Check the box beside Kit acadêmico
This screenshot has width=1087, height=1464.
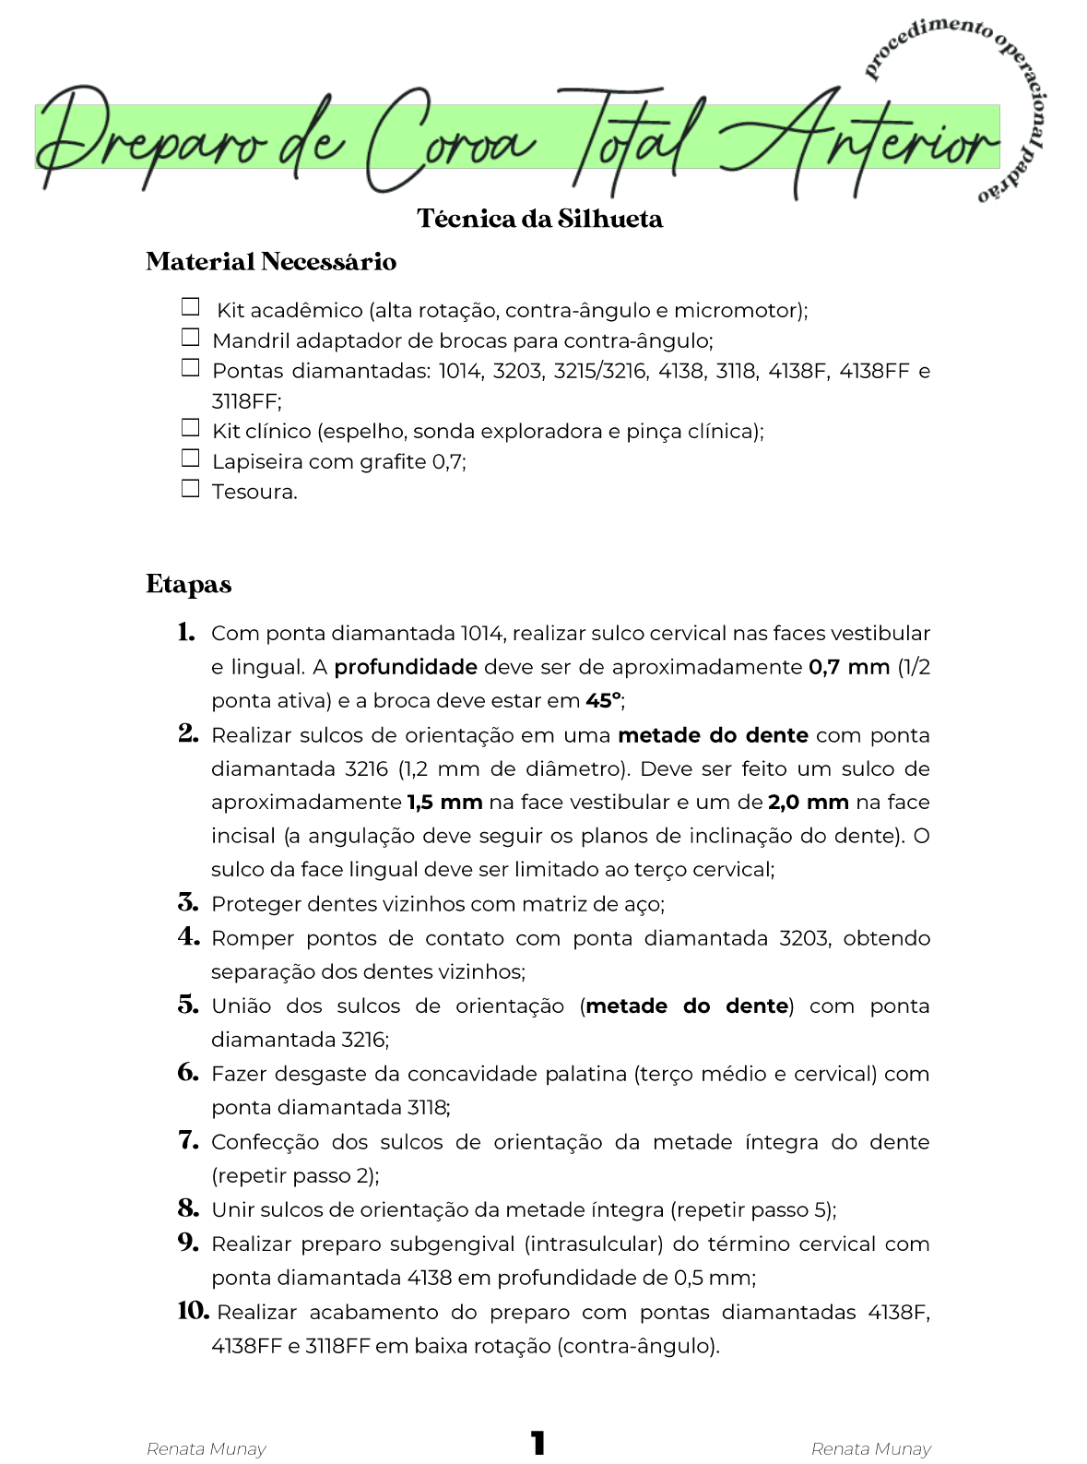pos(190,306)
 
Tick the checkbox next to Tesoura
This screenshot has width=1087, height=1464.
pos(190,488)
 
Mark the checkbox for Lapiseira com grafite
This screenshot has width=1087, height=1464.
pos(190,458)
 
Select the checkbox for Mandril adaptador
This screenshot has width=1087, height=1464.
pos(190,337)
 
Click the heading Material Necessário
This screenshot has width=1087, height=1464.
pos(271,262)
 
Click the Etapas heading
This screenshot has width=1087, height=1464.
pos(188,585)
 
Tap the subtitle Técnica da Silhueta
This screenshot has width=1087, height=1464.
pos(539,219)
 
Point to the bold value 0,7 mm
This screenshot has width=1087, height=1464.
pos(848,667)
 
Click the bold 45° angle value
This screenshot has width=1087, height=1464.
pos(603,701)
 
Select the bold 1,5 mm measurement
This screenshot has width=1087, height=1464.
pos(444,803)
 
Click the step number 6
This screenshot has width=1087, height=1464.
pos(188,1072)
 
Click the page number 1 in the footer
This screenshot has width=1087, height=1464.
pos(538,1443)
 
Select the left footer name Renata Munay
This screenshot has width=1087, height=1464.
pos(207,1449)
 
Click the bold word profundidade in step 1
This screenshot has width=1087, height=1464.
pos(406,667)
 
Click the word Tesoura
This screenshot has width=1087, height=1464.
pos(254,492)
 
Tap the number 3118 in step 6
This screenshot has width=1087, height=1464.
pos(428,1108)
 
